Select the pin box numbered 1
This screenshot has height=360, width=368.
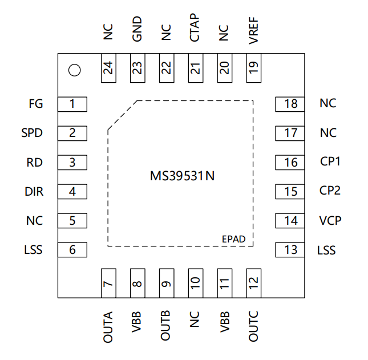[x=72, y=104]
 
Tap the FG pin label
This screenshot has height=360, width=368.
[x=36, y=104]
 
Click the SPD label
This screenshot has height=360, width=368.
[x=32, y=133]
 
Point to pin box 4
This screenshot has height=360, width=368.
[x=72, y=192]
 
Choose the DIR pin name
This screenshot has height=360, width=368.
[x=34, y=192]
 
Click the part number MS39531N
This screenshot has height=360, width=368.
[x=182, y=176]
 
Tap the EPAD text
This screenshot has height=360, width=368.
[x=234, y=239]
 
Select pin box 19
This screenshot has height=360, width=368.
[x=254, y=68]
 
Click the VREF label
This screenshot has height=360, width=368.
[x=254, y=30]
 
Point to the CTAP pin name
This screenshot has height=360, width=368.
[x=195, y=28]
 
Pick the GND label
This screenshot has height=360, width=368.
[x=137, y=29]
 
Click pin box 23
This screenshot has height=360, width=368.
[x=138, y=68]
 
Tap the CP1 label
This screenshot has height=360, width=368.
[x=330, y=161]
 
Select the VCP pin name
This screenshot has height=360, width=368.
[x=330, y=221]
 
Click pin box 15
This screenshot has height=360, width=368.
[x=290, y=192]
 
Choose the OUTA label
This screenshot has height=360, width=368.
[x=108, y=327]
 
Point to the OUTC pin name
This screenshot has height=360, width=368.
[x=253, y=326]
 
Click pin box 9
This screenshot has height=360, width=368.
[x=167, y=283]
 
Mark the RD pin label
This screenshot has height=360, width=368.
[x=34, y=163]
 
